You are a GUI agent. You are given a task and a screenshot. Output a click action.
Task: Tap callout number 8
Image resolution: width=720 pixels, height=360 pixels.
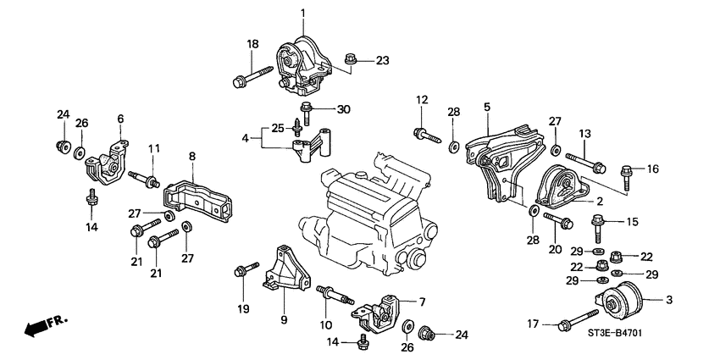click(192, 156)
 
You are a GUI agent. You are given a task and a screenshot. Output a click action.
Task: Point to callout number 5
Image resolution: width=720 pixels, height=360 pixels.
click(487, 108)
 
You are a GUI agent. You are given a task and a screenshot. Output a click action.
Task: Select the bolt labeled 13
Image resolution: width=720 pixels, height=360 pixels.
click(583, 161)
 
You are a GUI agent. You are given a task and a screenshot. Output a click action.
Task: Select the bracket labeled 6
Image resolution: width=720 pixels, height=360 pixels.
click(105, 161)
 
